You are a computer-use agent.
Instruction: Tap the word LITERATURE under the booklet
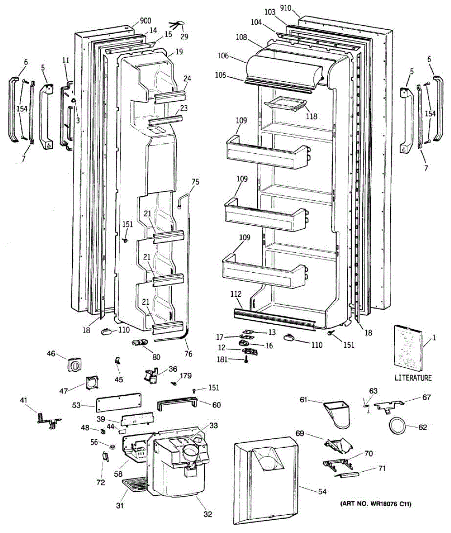[413, 378]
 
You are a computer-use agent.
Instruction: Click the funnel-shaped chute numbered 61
[338, 413]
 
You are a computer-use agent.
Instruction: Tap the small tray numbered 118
[285, 104]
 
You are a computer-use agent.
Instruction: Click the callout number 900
[145, 20]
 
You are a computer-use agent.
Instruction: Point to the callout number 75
[195, 182]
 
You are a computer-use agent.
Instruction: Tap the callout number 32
[208, 514]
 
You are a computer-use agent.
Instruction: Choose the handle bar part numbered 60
[176, 405]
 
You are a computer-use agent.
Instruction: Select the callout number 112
[236, 294]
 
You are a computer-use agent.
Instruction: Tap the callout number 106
[223, 56]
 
